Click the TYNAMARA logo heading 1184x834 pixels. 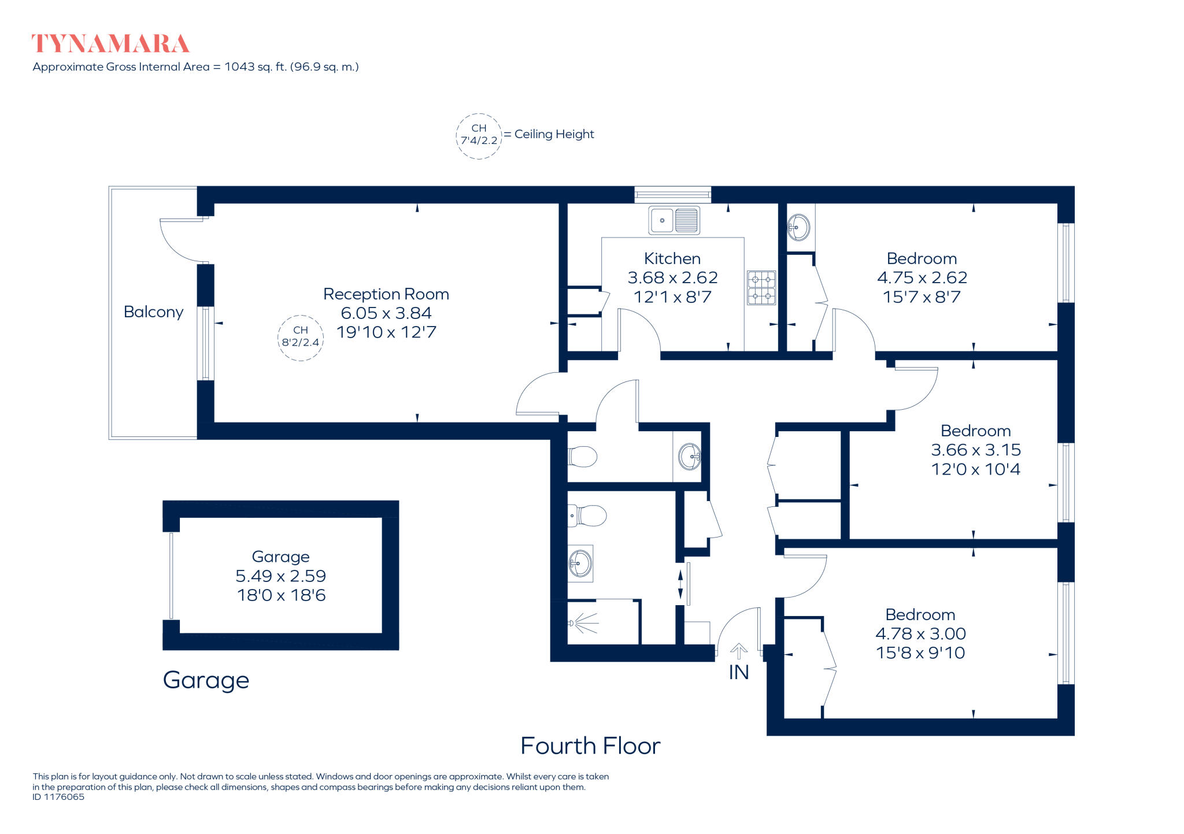pyautogui.click(x=110, y=44)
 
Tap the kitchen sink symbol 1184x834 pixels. pyautogui.click(x=674, y=220)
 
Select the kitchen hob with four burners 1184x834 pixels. pyautogui.click(x=761, y=288)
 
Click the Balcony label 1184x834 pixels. pyautogui.click(x=153, y=312)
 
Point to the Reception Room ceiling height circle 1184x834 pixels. pyautogui.click(x=300, y=338)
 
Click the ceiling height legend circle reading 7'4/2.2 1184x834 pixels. pyautogui.click(x=479, y=136)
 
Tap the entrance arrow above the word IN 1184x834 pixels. pyautogui.click(x=738, y=651)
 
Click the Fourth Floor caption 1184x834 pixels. pyautogui.click(x=590, y=746)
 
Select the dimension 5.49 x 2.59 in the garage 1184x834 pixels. pyautogui.click(x=280, y=576)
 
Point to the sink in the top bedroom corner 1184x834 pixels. pyautogui.click(x=798, y=227)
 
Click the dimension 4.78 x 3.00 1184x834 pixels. pyautogui.click(x=920, y=634)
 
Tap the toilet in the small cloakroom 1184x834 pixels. pyautogui.click(x=582, y=457)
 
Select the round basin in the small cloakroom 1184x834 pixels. pyautogui.click(x=690, y=457)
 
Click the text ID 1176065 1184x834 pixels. pyautogui.click(x=58, y=797)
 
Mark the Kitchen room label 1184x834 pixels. pyautogui.click(x=672, y=258)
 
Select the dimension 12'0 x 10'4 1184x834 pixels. pyautogui.click(x=975, y=469)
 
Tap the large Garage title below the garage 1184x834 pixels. pyautogui.click(x=206, y=681)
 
